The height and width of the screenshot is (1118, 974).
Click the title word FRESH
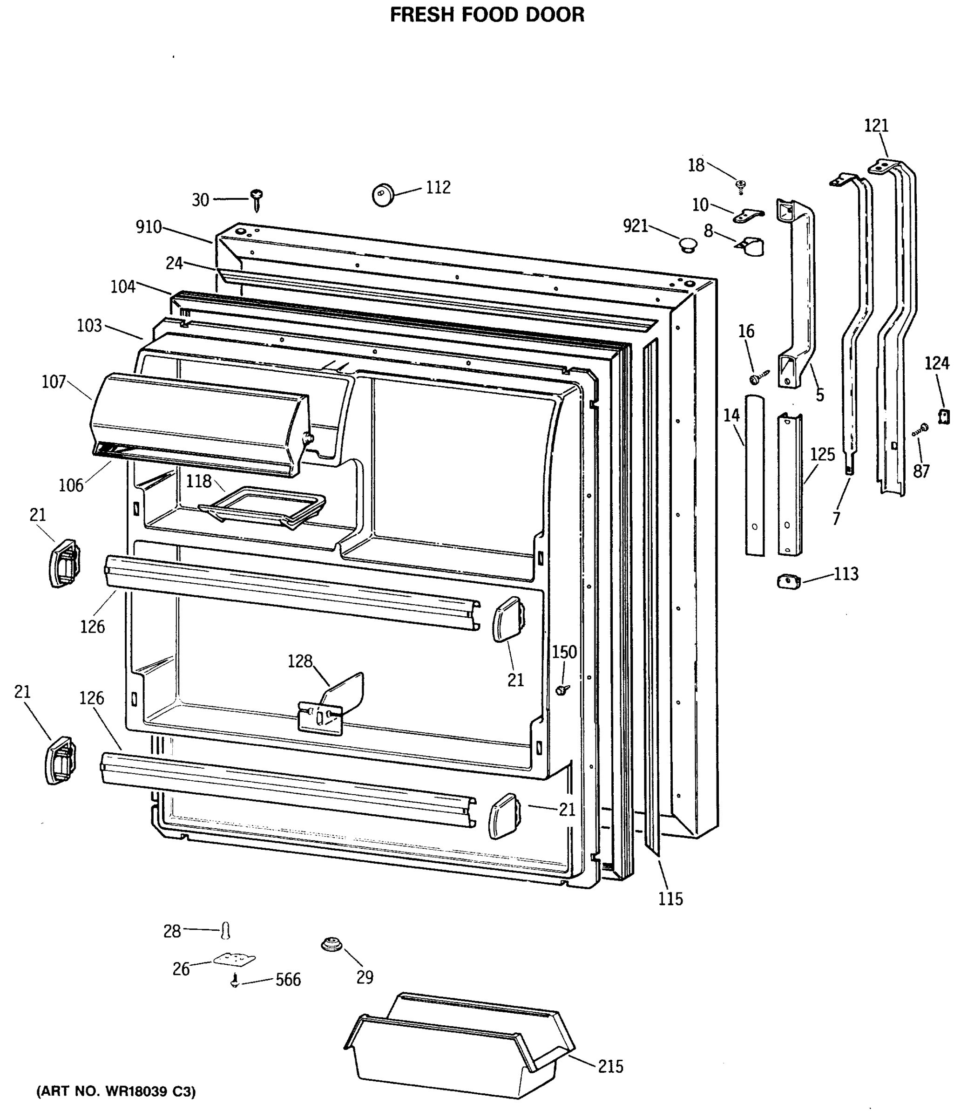(422, 15)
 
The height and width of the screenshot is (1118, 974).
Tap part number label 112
(438, 188)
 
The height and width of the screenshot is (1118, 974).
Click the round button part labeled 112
(383, 194)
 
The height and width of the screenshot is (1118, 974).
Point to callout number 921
(636, 225)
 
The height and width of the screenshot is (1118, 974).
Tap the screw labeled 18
(740, 185)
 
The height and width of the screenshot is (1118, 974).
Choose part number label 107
(54, 382)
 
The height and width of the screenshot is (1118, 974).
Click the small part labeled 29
(331, 945)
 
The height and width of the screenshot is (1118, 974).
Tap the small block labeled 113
(789, 582)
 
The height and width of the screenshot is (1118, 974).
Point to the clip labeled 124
(944, 416)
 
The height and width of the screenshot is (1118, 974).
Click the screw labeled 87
(921, 429)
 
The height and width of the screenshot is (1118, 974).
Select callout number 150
(564, 652)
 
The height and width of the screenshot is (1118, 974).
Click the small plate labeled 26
(234, 959)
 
